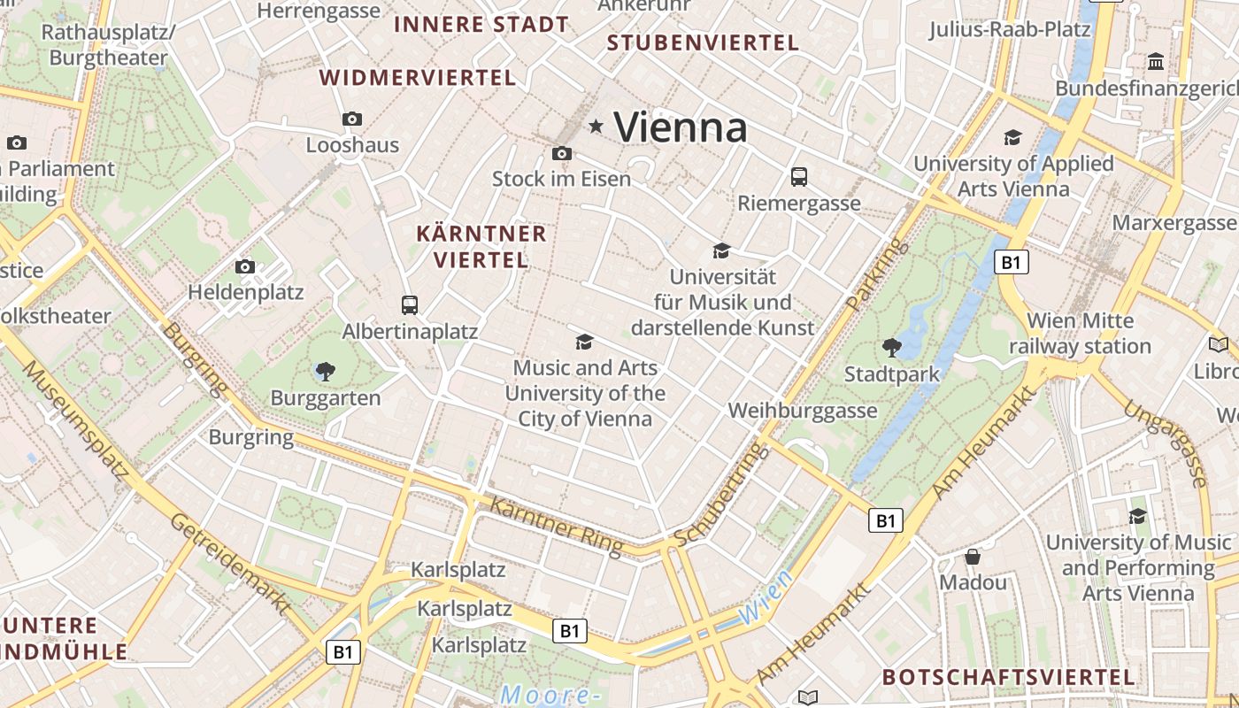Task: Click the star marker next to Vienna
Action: point(596,127)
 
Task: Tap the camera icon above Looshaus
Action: point(352,119)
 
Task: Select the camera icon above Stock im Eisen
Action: point(561,153)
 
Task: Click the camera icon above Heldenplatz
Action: point(245,266)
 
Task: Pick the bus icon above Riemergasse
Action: point(799,177)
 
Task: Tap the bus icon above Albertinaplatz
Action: point(410,305)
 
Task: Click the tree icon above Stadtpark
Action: point(891,348)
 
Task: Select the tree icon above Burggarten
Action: point(326,372)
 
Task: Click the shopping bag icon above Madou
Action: point(973,557)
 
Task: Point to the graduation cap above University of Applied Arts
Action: point(1012,138)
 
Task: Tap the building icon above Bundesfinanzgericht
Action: point(1156,62)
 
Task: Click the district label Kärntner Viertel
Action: point(481,247)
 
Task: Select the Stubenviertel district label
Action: point(703,42)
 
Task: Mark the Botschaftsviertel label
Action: point(1008,677)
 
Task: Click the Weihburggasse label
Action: point(802,411)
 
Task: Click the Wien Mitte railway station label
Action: point(1080,333)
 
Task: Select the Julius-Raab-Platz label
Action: point(1009,30)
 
